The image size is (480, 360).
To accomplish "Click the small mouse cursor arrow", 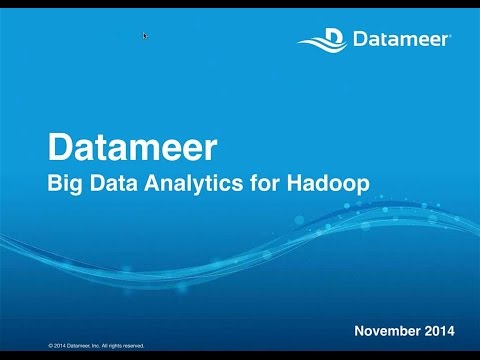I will tap(145, 35).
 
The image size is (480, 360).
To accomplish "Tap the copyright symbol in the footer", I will tap(50, 346).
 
